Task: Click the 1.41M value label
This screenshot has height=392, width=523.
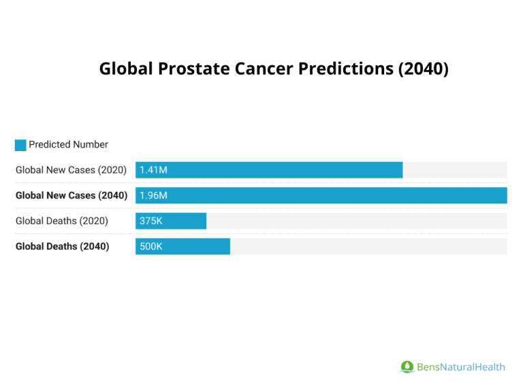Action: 153,170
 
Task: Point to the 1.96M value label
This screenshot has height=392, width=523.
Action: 153,195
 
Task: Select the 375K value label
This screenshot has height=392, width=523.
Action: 151,221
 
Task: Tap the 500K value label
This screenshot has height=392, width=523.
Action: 151,246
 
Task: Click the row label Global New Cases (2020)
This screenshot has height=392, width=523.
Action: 71,170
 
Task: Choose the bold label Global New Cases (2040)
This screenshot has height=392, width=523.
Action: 72,195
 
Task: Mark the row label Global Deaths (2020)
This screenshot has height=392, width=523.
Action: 61,221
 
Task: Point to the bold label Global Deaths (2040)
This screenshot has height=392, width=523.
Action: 62,246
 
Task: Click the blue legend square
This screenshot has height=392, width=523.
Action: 20,145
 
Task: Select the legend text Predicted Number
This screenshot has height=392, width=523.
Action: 68,144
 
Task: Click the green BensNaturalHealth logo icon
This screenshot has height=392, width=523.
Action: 407,367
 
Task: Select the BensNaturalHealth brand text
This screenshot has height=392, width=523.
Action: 460,367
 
